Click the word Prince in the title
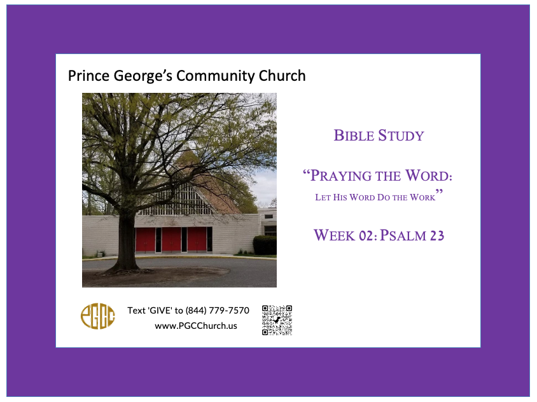(x=89, y=76)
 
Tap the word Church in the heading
(x=282, y=76)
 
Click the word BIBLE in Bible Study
(x=354, y=135)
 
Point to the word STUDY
(x=401, y=135)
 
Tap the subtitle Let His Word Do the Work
(x=375, y=197)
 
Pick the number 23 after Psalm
(x=437, y=235)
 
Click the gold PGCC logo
(x=97, y=316)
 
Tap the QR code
(x=277, y=320)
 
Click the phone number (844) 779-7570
(x=217, y=310)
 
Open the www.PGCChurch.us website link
(x=196, y=326)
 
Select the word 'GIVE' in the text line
(x=160, y=310)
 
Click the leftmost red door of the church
(x=145, y=240)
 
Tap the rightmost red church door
(x=197, y=239)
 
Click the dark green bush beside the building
(x=265, y=245)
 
